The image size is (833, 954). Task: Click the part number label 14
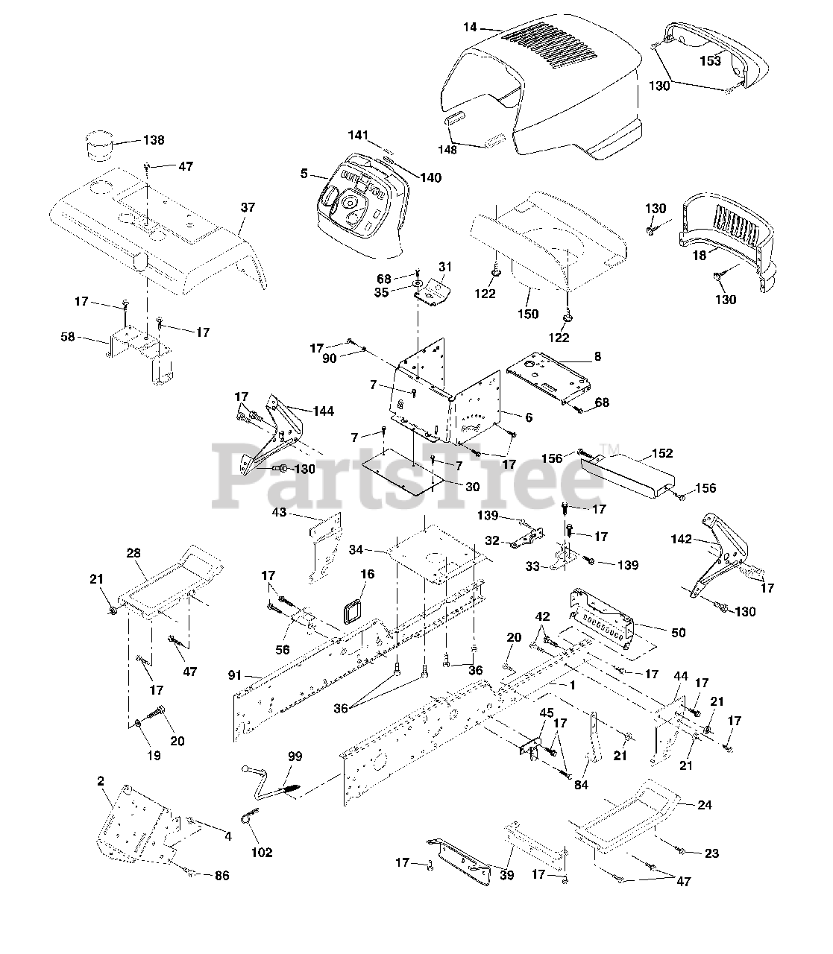pyautogui.click(x=470, y=28)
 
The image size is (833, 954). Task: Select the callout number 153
pyautogui.click(x=710, y=61)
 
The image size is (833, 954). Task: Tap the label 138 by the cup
pyautogui.click(x=154, y=140)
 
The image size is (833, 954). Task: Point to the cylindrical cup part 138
pyautogui.click(x=100, y=145)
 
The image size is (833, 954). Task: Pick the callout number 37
pyautogui.click(x=248, y=207)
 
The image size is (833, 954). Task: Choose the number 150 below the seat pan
pyautogui.click(x=527, y=314)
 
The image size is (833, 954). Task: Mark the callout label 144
pyautogui.click(x=323, y=411)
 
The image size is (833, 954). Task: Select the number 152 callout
pyautogui.click(x=661, y=453)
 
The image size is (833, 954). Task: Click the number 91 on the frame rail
pyautogui.click(x=235, y=675)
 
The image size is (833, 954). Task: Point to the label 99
pyautogui.click(x=295, y=756)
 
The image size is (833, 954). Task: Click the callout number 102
pyautogui.click(x=262, y=853)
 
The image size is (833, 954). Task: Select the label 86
pyautogui.click(x=222, y=876)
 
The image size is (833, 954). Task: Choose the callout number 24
pyautogui.click(x=704, y=805)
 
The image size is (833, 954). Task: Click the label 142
pyautogui.click(x=681, y=539)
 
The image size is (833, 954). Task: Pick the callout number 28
pyautogui.click(x=133, y=553)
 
